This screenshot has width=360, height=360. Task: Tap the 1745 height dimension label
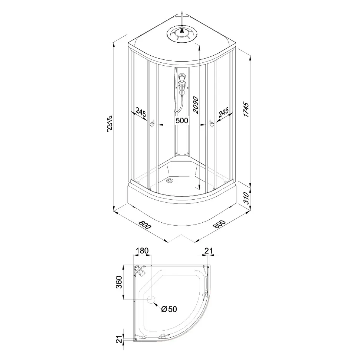pyautogui.click(x=246, y=110)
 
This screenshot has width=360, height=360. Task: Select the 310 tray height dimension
pyautogui.click(x=246, y=198)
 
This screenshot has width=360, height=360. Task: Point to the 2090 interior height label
pyautogui.click(x=196, y=105)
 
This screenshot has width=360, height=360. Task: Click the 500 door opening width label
pyautogui.click(x=182, y=121)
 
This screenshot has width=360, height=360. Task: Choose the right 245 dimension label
pyautogui.click(x=223, y=112)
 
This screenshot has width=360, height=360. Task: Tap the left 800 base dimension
pyautogui.click(x=145, y=225)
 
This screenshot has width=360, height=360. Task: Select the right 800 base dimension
pyautogui.click(x=219, y=224)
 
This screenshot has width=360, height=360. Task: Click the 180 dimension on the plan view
pyautogui.click(x=143, y=251)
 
